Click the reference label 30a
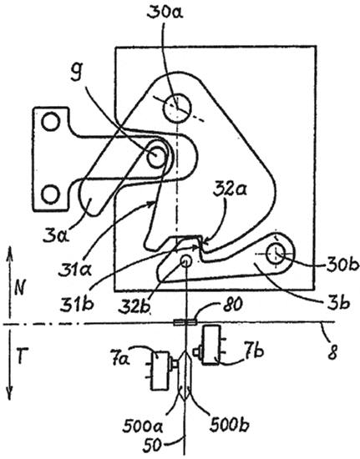(165, 12)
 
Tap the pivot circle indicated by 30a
(177, 108)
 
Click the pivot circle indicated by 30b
(276, 254)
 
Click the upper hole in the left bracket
(51, 122)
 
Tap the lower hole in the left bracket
(50, 194)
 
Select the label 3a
(56, 235)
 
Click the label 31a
(74, 269)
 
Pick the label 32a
(230, 190)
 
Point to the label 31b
(77, 304)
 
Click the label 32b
(135, 305)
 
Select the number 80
(233, 305)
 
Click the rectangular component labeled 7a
(160, 371)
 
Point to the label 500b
(230, 426)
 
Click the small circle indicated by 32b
(185, 260)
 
